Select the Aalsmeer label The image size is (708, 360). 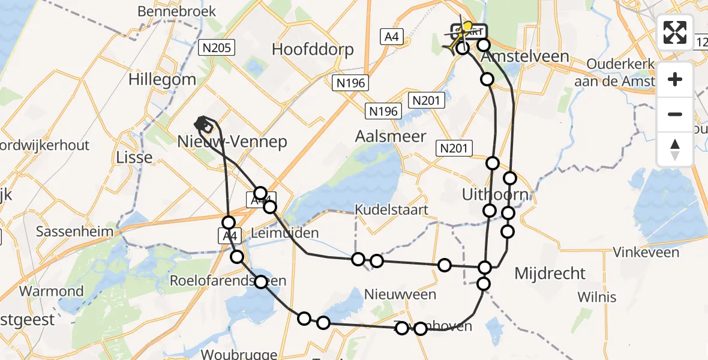(x=391, y=136)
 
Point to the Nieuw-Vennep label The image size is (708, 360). (x=232, y=142)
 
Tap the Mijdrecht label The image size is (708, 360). (x=550, y=274)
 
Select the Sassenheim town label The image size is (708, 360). (x=74, y=232)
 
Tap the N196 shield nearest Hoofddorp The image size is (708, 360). (x=351, y=83)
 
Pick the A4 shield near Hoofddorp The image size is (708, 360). (x=391, y=37)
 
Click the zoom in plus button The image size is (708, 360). (x=675, y=79)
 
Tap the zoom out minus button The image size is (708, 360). (x=675, y=114)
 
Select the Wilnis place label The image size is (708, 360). (x=596, y=297)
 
